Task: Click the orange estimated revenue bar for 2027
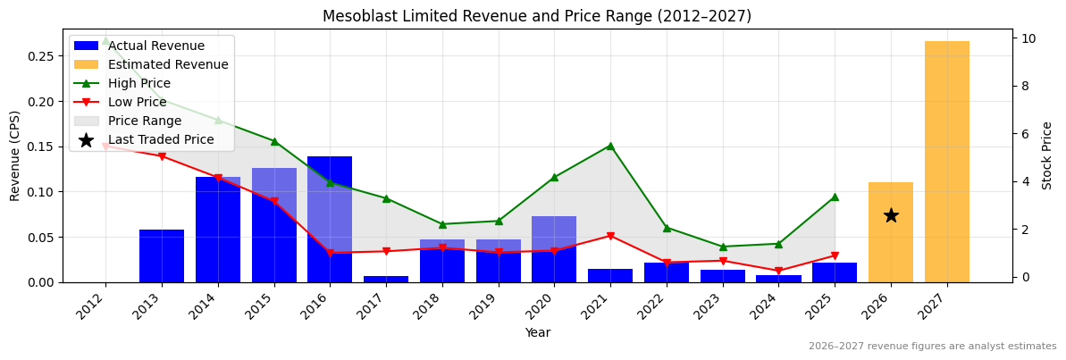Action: (946, 162)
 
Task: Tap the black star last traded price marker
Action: (891, 215)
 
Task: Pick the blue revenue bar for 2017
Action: (386, 279)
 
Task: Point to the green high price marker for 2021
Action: (610, 146)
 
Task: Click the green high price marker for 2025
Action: (835, 197)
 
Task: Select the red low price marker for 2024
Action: (778, 271)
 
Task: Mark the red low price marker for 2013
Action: (162, 156)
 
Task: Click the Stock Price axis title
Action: (1047, 155)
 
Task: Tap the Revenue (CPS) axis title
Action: (15, 155)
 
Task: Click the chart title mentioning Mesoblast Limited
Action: (537, 16)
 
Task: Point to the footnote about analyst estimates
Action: (932, 347)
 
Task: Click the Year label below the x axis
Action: (537, 332)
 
